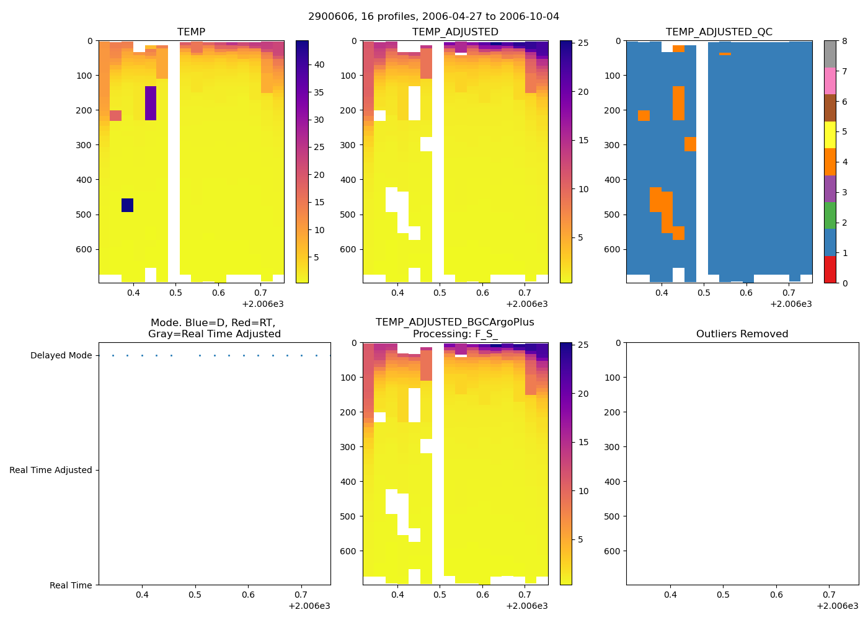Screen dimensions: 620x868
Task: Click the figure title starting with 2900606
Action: coord(433,16)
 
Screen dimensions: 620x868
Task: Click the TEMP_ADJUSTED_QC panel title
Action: coord(719,32)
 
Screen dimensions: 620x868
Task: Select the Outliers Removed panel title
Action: coord(742,334)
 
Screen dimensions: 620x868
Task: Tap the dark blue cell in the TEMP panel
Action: coord(127,205)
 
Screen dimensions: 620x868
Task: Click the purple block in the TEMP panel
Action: coord(151,103)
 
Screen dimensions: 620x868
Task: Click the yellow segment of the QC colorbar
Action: coord(830,135)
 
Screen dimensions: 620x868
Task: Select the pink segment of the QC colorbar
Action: coord(830,81)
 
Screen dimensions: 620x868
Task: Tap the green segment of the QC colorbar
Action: coord(830,215)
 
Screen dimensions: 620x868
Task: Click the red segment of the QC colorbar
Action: coord(830,269)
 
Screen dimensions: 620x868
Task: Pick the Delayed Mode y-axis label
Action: coord(61,355)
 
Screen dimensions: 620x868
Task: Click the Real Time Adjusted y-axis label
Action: coord(51,470)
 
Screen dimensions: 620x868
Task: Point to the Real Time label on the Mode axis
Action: coord(71,585)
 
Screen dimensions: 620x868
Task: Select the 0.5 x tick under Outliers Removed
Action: coord(724,595)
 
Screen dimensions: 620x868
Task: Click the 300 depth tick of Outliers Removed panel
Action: coord(613,447)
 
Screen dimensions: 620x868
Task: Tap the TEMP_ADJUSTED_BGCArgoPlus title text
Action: coord(454,322)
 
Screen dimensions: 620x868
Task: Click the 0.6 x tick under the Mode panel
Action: coord(248,595)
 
